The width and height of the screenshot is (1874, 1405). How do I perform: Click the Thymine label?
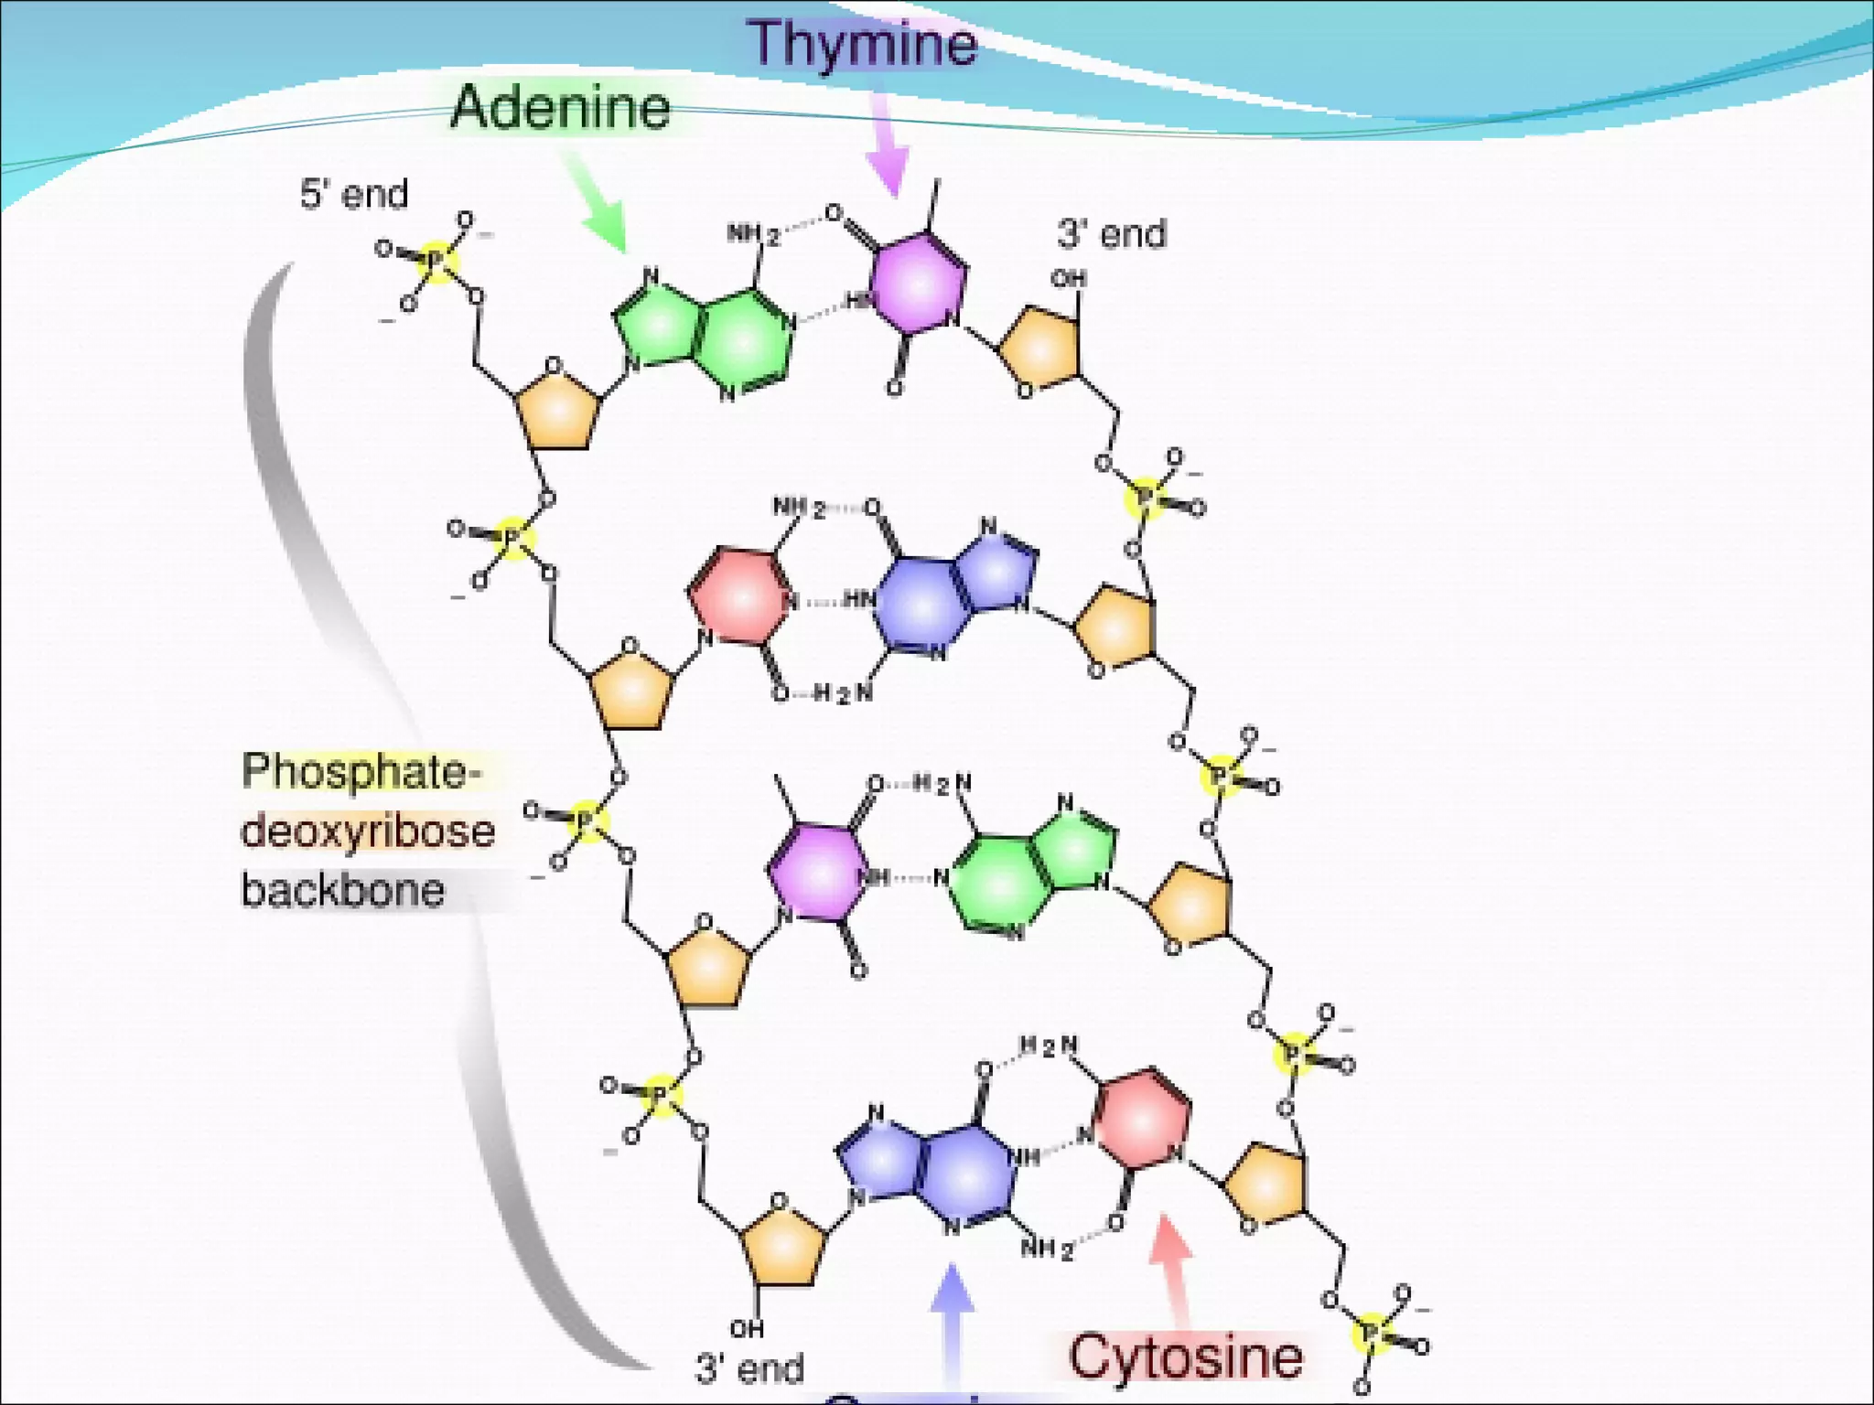(863, 44)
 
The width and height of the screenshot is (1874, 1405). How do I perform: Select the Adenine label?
(560, 108)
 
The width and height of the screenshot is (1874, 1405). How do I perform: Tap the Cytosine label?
(1186, 1356)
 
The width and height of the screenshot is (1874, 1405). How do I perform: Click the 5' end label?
(354, 194)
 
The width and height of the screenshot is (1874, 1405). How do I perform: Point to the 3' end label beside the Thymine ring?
(1112, 234)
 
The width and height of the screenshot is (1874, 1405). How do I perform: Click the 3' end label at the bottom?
(749, 1368)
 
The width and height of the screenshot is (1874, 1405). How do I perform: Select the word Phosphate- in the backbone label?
(361, 771)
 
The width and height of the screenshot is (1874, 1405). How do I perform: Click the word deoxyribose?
(368, 831)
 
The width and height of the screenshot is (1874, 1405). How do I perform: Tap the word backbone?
(343, 890)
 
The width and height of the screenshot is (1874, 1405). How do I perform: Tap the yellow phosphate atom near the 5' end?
(437, 262)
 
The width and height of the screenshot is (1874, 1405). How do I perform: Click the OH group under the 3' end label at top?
(1068, 278)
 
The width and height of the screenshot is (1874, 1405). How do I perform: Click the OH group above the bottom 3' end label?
(747, 1327)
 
